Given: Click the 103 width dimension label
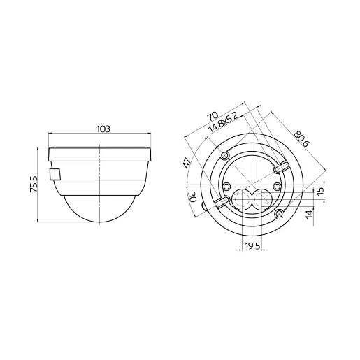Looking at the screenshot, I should pos(102,129).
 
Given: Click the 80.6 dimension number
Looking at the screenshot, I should pos(302,138).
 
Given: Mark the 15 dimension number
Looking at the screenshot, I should pos(319,192).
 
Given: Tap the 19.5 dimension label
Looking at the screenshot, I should pos(252,246).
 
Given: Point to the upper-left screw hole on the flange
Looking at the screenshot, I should pos(224,155).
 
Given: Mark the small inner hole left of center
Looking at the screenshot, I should pos(227,185).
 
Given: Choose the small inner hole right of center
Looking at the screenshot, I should pos(277,185).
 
